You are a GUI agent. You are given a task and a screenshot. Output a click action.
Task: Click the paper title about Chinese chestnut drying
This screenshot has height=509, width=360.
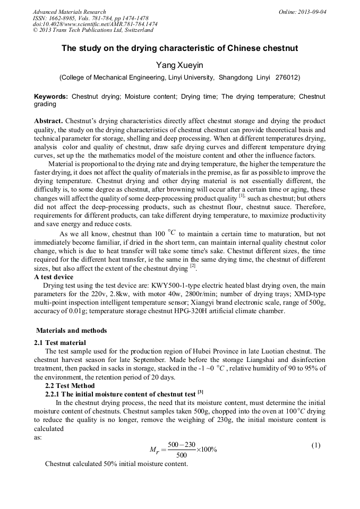click(180, 48)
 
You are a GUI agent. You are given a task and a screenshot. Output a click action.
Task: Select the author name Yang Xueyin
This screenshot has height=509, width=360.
click(179, 65)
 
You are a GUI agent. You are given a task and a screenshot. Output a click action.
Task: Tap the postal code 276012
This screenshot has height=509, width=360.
click(287, 77)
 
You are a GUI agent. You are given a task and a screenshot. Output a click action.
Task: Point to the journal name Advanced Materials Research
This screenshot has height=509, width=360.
click(69, 12)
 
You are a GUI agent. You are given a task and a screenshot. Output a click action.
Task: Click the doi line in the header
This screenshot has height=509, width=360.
click(95, 24)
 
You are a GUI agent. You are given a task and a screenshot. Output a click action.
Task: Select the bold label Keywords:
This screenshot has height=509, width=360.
click(51, 97)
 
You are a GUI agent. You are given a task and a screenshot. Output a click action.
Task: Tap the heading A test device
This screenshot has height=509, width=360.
click(54, 277)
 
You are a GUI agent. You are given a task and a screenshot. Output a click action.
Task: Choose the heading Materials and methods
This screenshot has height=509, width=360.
click(71, 330)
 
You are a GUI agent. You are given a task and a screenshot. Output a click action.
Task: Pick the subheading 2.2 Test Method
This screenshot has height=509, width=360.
click(70, 385)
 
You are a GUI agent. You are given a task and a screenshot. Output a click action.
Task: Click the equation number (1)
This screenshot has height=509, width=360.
click(316, 445)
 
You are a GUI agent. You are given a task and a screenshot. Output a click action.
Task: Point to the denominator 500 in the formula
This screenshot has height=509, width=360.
click(182, 455)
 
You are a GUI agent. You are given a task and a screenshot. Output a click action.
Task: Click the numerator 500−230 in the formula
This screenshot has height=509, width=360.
click(182, 444)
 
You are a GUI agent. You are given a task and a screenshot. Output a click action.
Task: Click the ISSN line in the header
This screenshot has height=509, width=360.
click(90, 18)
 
